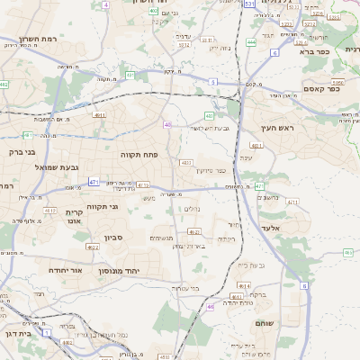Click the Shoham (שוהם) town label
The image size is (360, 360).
265,322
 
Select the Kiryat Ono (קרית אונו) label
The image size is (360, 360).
74,217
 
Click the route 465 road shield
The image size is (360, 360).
348,253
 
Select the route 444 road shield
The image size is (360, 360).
251,41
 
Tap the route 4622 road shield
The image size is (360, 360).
93,247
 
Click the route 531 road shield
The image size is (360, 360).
248,4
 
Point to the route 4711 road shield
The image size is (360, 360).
292,202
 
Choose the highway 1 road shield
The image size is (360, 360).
47,332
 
